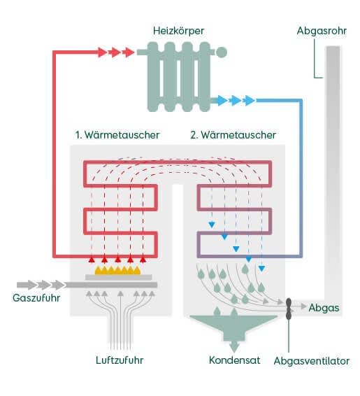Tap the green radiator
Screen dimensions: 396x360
coord(179,77)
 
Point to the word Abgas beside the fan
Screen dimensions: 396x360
coord(324,307)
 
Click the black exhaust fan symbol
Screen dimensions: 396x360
coord(288,306)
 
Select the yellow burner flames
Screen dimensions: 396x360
coord(119,269)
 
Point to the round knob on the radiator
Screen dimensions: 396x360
coord(221,52)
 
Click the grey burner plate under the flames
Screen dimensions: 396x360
coord(119,278)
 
